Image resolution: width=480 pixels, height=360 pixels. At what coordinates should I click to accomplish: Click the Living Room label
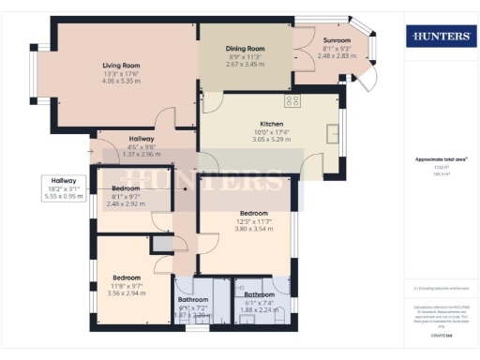coord(121,66)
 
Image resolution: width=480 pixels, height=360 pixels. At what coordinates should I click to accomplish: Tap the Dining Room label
coord(246,48)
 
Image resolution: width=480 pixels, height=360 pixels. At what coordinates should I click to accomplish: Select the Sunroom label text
coord(337,41)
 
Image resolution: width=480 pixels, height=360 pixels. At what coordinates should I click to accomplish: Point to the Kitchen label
coord(272,123)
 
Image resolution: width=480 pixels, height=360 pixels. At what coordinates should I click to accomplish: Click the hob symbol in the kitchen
coord(292,99)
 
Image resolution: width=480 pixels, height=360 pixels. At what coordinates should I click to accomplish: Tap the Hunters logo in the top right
coord(439,36)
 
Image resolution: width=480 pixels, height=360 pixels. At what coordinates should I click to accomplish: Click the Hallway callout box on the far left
coord(64,187)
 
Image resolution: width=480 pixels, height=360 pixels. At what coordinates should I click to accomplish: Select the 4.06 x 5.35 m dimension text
coord(121,82)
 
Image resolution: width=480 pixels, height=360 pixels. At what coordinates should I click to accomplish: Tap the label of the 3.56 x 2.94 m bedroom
coord(127,277)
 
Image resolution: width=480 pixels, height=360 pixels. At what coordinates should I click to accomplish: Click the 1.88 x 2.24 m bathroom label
coord(253,294)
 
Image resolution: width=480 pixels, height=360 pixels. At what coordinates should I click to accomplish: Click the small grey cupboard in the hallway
coord(162,244)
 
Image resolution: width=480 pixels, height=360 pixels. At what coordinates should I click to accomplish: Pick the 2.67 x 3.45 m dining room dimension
coord(246,64)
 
